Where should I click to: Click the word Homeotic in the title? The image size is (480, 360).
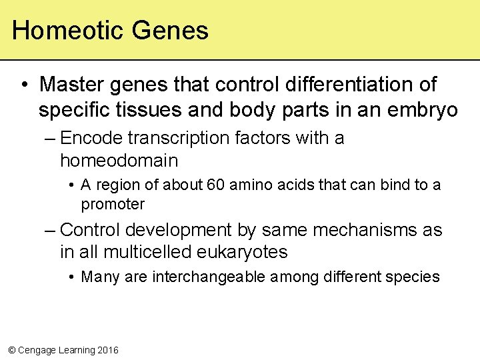[x=68, y=31]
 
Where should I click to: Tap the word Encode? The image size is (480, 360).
[x=91, y=138]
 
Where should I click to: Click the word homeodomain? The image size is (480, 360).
[x=119, y=161]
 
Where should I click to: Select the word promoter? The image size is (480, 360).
[x=113, y=204]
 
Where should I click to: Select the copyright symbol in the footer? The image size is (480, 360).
[x=10, y=350]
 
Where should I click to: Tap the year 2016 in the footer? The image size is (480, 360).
[x=108, y=350]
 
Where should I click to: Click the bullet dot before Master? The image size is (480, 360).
[x=24, y=85]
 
